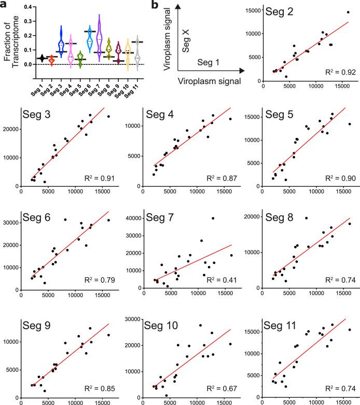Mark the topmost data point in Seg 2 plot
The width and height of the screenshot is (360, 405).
348,12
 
